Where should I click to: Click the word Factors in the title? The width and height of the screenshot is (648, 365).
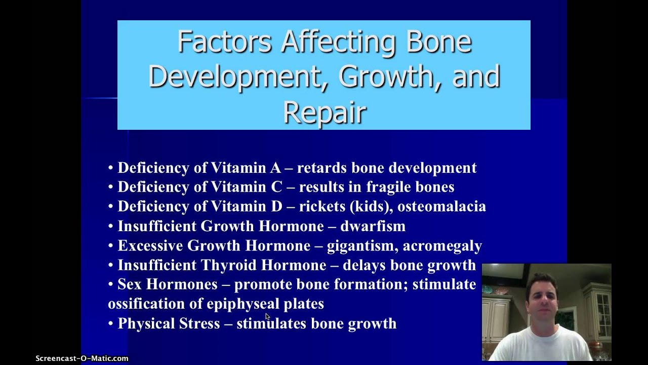[x=224, y=43]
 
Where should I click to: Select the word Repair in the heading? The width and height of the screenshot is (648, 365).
[x=325, y=112]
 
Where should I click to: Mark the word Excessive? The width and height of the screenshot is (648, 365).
[x=150, y=246]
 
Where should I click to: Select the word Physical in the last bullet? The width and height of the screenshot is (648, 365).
[x=144, y=323]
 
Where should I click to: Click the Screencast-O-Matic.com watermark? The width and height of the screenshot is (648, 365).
[x=82, y=358]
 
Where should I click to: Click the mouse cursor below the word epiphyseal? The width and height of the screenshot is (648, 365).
[x=268, y=316]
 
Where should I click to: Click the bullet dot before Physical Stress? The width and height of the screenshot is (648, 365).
[x=111, y=323]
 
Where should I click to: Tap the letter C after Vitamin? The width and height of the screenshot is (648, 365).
[x=276, y=187]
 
